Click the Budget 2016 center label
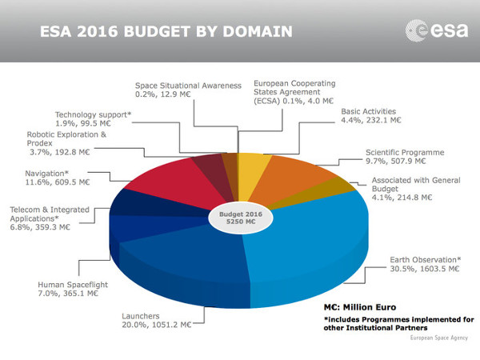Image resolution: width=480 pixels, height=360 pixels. (x=238, y=218)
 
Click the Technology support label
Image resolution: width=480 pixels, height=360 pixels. (x=93, y=114)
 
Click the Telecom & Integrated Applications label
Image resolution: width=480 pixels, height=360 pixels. (x=48, y=214)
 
